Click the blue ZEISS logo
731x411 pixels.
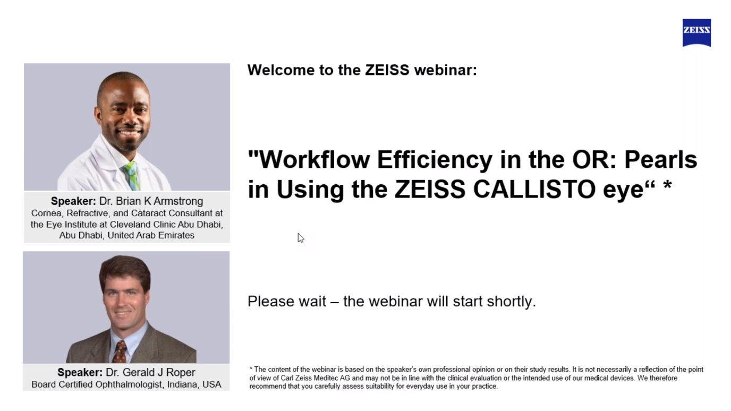tap(696, 33)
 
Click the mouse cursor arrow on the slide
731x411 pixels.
tap(301, 238)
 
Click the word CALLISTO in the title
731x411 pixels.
tap(534, 189)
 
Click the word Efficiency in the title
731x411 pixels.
tap(435, 160)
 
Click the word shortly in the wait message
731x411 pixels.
tap(512, 302)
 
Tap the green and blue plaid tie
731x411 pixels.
tap(132, 176)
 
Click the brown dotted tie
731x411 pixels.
tap(120, 352)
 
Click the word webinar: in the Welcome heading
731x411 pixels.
tap(445, 70)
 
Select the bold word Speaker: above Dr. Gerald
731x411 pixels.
tap(80, 373)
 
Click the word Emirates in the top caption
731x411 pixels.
tap(178, 236)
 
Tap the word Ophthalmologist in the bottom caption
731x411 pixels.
tap(129, 385)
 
